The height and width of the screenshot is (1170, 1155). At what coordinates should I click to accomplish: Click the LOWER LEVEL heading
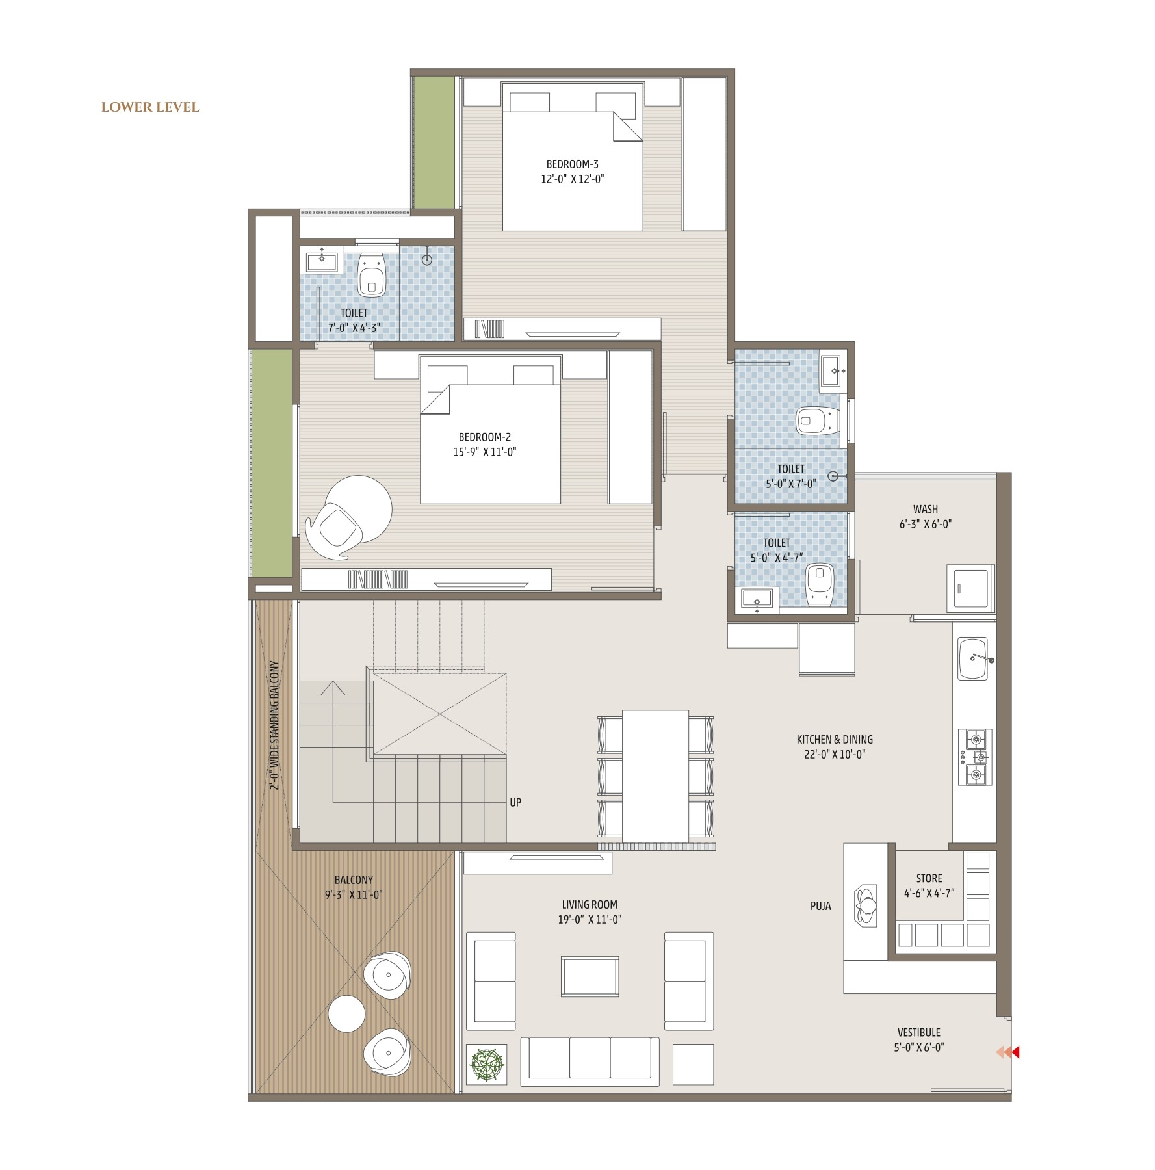150,107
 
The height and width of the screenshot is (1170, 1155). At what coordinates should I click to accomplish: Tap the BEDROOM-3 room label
572,164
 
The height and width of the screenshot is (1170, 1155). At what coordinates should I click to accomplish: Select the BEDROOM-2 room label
485,437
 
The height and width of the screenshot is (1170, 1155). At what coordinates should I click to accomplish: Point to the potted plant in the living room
487,1065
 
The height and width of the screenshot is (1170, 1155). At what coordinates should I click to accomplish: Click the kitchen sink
973,658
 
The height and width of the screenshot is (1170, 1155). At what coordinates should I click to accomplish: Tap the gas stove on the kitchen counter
975,757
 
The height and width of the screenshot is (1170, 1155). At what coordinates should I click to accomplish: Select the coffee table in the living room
590,976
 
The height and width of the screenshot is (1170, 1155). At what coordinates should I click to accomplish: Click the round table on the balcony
346,1014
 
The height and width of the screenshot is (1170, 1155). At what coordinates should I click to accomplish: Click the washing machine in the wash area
970,588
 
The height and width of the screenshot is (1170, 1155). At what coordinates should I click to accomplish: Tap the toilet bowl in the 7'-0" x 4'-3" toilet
372,274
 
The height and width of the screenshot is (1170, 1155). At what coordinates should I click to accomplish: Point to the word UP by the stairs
515,803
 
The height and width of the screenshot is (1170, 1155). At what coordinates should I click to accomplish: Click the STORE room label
929,878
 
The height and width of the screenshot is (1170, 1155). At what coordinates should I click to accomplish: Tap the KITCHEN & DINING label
835,740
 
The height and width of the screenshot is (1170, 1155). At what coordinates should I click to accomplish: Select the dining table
655,776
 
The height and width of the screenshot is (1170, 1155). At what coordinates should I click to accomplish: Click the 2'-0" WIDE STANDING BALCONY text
274,725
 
